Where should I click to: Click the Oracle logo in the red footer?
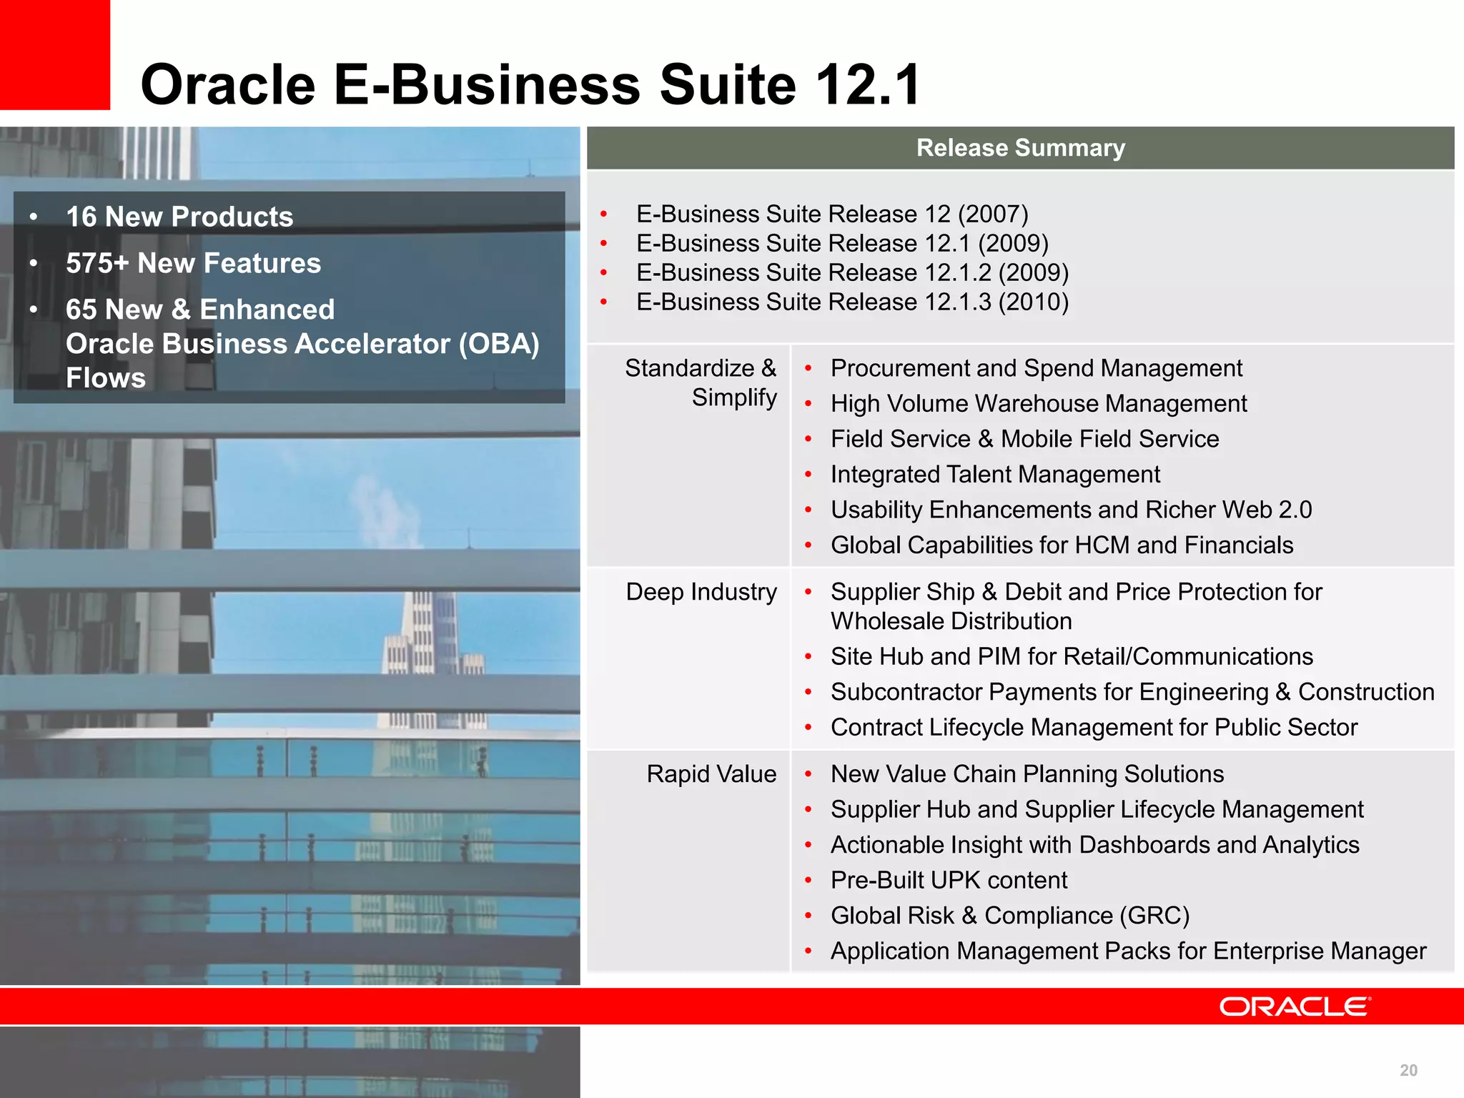(1295, 1006)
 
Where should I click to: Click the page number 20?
(1408, 1070)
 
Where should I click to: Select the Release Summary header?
(1020, 148)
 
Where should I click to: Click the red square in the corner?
(54, 54)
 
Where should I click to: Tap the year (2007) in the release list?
(992, 214)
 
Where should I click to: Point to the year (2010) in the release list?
(1033, 302)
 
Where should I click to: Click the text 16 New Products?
(179, 217)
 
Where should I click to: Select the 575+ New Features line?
(193, 263)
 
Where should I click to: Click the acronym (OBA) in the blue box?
(498, 344)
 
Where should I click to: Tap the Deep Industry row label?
(701, 592)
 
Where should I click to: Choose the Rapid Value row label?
(711, 774)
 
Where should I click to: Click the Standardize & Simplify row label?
(701, 382)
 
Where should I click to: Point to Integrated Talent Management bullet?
(995, 474)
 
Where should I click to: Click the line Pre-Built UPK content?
(949, 880)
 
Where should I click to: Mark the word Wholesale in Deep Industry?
(895, 621)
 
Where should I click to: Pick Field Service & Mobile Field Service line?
(1024, 439)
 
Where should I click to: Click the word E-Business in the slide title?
(487, 84)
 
